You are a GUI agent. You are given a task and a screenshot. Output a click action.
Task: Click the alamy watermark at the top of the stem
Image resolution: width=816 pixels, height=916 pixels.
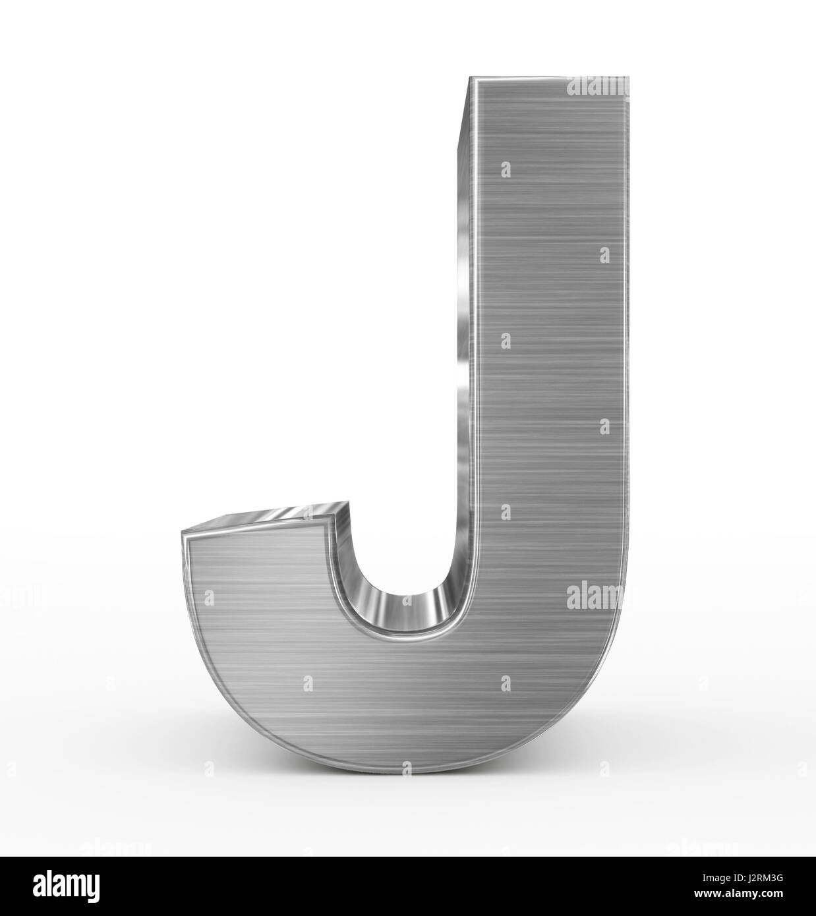click(x=597, y=86)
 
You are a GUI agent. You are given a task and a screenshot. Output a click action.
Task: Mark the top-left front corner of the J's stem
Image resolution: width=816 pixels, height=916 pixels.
click(x=470, y=79)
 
